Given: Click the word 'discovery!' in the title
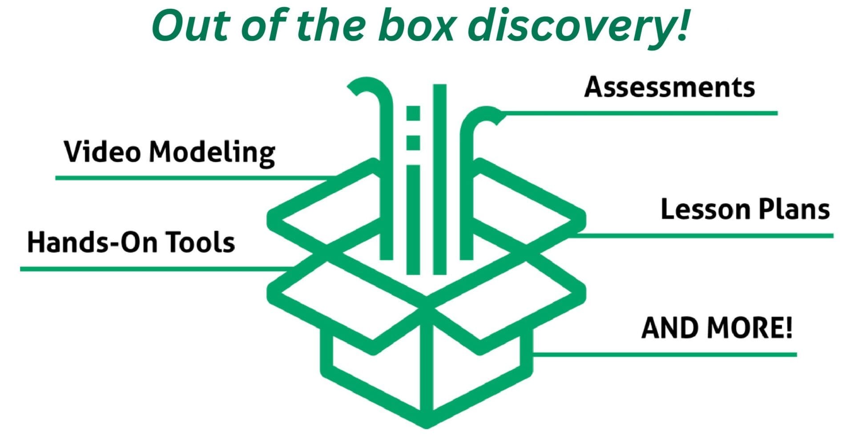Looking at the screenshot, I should click(578, 26).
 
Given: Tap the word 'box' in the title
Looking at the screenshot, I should click(416, 26).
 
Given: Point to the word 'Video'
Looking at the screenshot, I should click(102, 152).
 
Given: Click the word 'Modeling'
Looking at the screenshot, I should click(212, 153).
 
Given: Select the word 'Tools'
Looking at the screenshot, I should click(200, 242).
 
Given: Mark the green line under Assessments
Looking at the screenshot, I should click(645, 113).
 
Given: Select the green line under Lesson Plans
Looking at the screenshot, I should click(712, 236).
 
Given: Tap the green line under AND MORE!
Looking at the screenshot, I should click(667, 354).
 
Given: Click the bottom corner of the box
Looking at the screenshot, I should click(426, 423).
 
